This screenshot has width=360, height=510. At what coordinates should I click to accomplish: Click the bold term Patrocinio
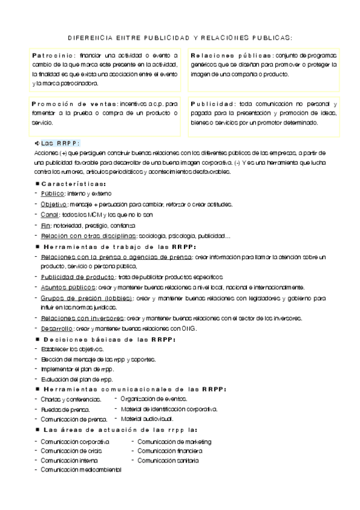pos(51,55)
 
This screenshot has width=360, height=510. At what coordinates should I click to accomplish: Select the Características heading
pos(75,184)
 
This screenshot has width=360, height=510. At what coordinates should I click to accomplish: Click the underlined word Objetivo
pos(53,204)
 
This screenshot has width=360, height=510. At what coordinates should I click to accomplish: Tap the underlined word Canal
pos(50,215)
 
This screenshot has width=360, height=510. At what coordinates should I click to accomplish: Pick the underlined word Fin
pos(45,225)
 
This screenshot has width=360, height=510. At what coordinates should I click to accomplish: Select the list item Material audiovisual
pos(147,418)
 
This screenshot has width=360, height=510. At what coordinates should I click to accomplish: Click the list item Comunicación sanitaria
pos(168,461)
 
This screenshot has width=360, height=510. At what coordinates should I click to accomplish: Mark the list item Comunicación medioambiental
pos(81,470)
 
